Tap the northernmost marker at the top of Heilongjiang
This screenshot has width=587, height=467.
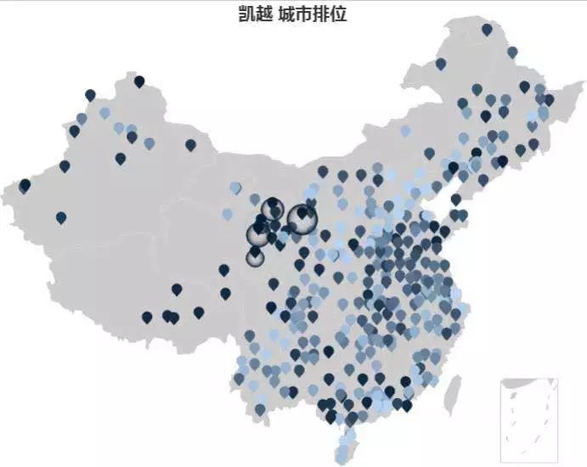487,30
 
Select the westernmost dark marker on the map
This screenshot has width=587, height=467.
25,185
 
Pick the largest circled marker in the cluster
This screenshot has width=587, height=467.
300,217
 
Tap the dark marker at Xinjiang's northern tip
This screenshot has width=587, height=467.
139,82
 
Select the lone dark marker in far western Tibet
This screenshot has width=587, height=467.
61,218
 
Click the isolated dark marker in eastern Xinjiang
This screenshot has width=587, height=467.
190,145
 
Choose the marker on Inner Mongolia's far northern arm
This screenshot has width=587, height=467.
441,64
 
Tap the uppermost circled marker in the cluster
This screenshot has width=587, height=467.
272,207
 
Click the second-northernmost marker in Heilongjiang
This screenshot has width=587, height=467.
512,52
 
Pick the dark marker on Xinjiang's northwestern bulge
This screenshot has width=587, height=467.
90,95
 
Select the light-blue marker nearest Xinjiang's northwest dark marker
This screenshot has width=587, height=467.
104,112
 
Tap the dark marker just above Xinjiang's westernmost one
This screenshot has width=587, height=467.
65,166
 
